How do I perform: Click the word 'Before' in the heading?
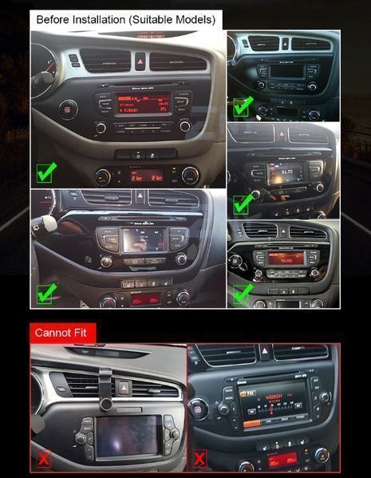coord(53,18)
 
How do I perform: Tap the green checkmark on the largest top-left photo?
coord(46,171)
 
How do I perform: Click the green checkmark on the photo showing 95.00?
coord(242,294)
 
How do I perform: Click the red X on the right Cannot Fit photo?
coord(199,459)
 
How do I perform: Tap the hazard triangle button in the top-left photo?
coord(140,60)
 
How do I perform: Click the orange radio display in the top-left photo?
coord(144,104)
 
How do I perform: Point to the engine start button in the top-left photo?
coord(69,109)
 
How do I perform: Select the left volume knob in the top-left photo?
coord(101,128)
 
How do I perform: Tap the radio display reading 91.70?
coord(285,172)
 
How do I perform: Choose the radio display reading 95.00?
coord(286,259)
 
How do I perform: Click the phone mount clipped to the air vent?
coord(105,379)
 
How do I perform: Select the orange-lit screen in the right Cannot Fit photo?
coord(274,403)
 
